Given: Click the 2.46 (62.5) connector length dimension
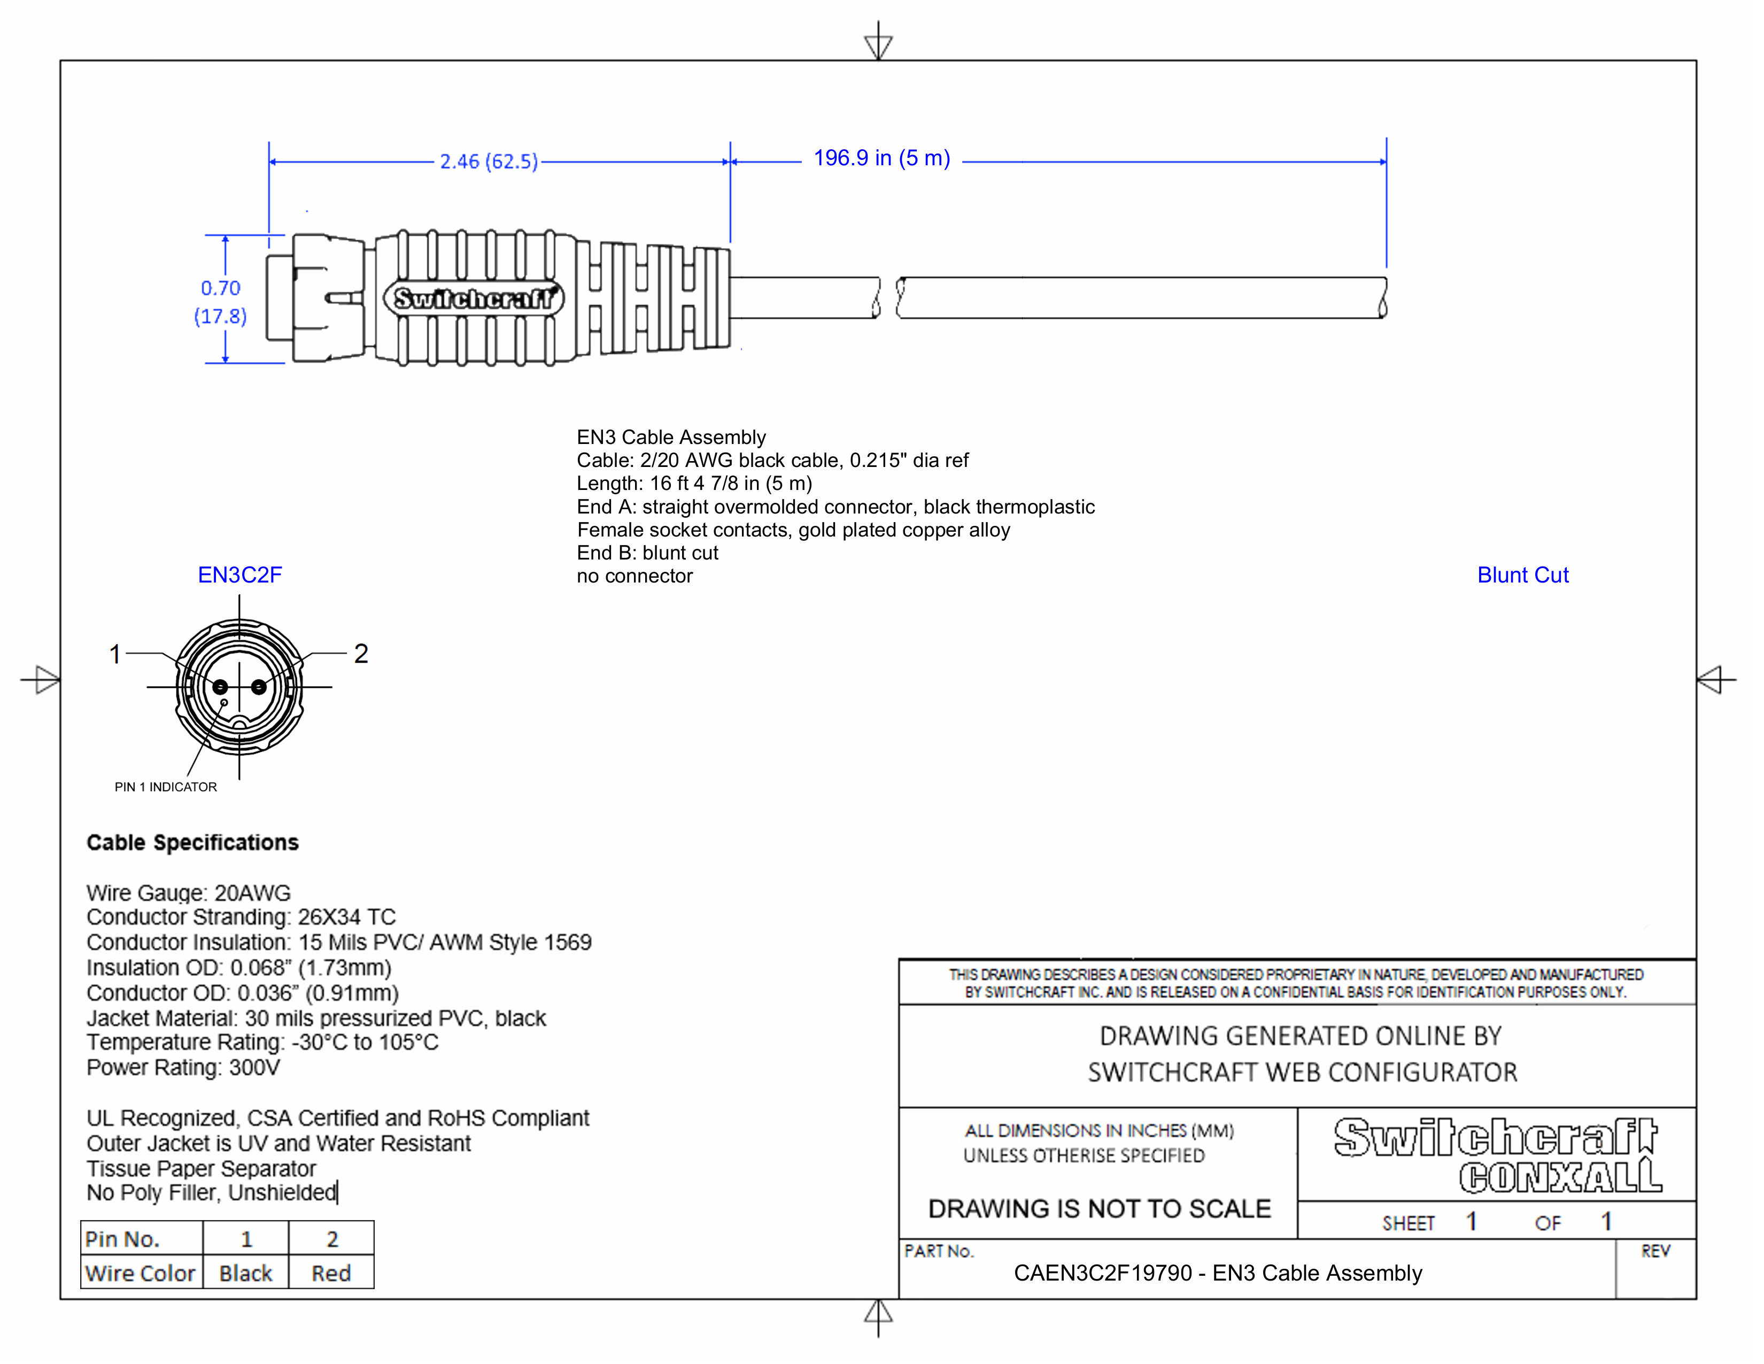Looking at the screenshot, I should (x=489, y=162).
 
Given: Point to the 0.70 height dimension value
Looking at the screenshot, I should (x=220, y=288).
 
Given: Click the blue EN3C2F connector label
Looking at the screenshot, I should (x=240, y=576).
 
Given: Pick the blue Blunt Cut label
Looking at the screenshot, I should (x=1522, y=576).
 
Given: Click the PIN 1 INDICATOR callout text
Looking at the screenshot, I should (x=166, y=787).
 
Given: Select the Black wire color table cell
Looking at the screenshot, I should (x=245, y=1274).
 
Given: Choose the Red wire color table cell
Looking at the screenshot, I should (x=331, y=1274).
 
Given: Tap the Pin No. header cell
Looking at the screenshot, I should (x=123, y=1239).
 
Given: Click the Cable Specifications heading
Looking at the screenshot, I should (x=192, y=843).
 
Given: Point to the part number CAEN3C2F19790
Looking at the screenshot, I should (x=1102, y=1274).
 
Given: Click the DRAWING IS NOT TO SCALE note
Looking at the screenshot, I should (x=1099, y=1209).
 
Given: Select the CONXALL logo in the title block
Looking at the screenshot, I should (x=1560, y=1177).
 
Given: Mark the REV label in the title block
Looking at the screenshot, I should (x=1655, y=1252).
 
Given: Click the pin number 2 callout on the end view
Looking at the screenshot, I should (x=361, y=654).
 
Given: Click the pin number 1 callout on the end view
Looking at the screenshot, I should (x=115, y=654).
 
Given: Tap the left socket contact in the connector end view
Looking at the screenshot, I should (x=220, y=688).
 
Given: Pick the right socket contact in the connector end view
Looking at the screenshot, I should (x=259, y=688).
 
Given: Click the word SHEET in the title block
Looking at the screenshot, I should (x=1408, y=1223).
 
